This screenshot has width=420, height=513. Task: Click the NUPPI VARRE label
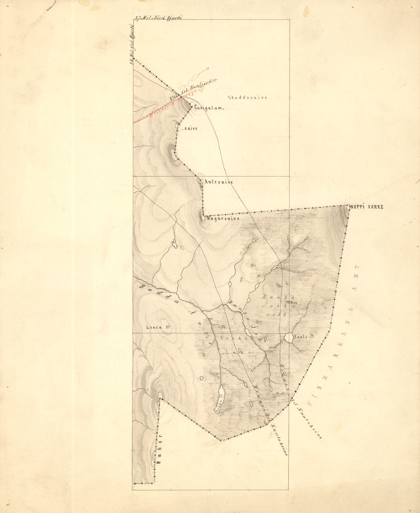[x=366, y=207]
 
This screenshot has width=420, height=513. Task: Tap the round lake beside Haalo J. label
[x=289, y=338]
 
